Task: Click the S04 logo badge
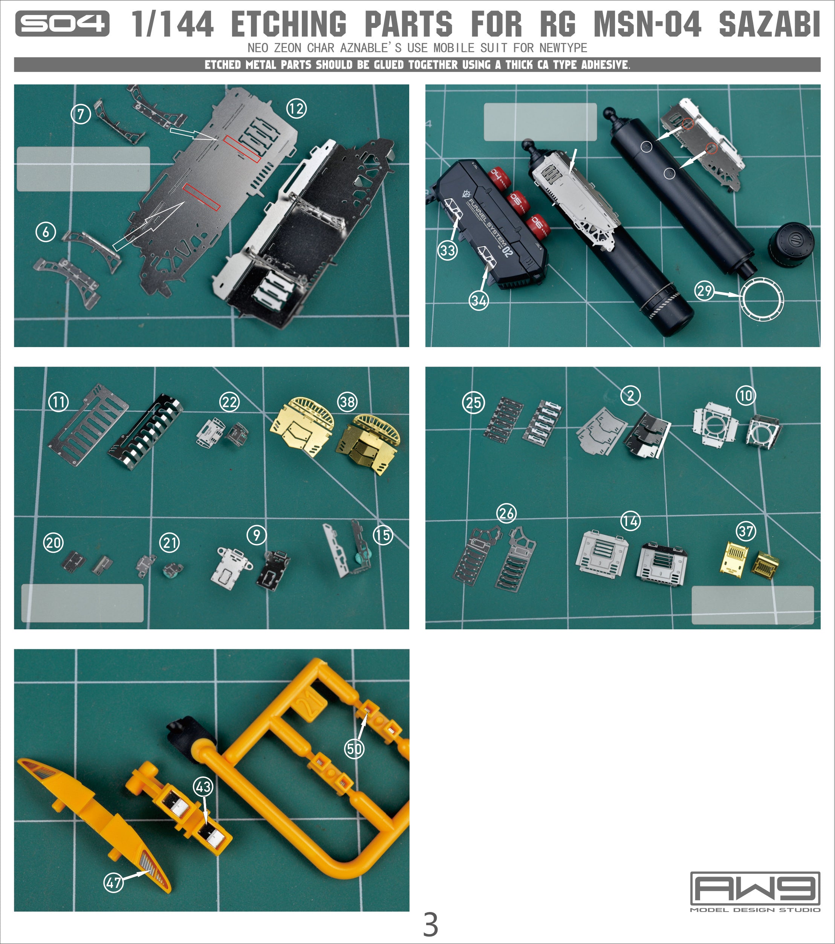pos(62,24)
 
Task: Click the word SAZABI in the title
pos(769,24)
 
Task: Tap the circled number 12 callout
pos(296,109)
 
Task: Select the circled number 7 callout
pos(81,113)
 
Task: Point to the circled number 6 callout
pos(46,232)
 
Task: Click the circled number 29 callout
pos(704,291)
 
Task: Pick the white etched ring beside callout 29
pos(762,299)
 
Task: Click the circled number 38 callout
pos(347,402)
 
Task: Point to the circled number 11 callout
pos(59,402)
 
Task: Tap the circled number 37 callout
pos(746,532)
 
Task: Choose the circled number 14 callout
pos(630,522)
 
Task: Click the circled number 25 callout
pos(473,403)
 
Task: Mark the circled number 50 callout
pos(354,749)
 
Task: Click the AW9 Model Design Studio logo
pos(755,891)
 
